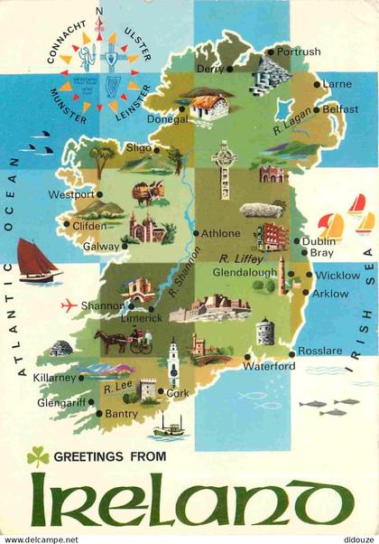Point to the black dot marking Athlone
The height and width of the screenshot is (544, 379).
tap(195, 233)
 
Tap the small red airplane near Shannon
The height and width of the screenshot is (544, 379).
tap(68, 305)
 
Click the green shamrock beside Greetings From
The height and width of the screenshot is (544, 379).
tap(37, 457)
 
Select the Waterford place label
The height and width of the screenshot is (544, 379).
tap(269, 366)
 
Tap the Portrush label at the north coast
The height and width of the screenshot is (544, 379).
tap(300, 52)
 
